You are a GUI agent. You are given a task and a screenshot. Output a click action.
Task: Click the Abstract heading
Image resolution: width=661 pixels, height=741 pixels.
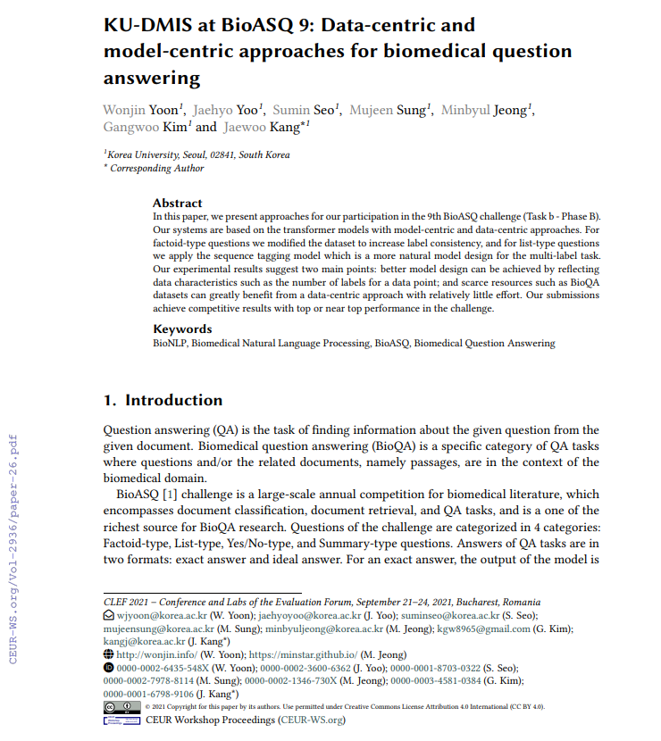click(x=177, y=203)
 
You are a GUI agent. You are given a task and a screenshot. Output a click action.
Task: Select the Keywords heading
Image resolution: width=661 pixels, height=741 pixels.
click(x=182, y=329)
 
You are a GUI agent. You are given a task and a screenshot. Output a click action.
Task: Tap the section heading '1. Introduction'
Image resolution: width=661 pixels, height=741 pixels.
click(x=163, y=400)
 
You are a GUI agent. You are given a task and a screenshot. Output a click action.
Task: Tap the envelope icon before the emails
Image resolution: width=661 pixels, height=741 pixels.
click(x=109, y=615)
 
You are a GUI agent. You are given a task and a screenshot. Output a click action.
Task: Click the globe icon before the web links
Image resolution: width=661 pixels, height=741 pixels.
click(x=109, y=654)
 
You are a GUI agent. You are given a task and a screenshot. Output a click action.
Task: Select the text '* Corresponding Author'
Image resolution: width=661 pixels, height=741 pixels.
click(x=154, y=168)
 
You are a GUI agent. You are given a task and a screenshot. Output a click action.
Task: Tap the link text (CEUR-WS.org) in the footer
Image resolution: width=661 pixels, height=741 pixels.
click(x=311, y=720)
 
